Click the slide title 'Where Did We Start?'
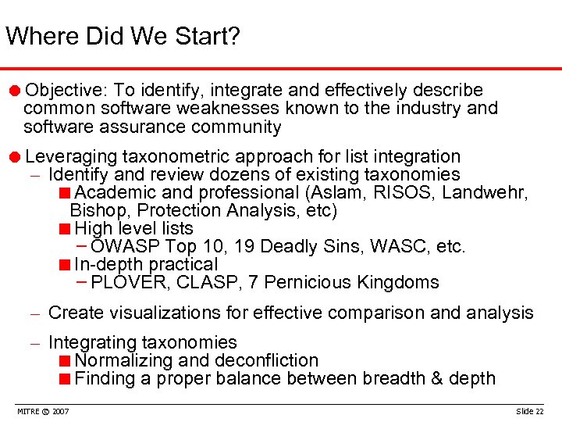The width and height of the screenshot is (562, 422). (x=123, y=36)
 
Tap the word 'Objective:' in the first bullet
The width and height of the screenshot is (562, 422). (x=61, y=91)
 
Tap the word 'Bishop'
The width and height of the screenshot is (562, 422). (x=94, y=211)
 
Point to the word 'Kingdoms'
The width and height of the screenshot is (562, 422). (x=398, y=283)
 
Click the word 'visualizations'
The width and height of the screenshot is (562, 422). (x=163, y=313)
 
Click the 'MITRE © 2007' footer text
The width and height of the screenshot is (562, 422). (x=42, y=411)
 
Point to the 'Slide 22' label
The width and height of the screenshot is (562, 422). (x=530, y=411)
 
